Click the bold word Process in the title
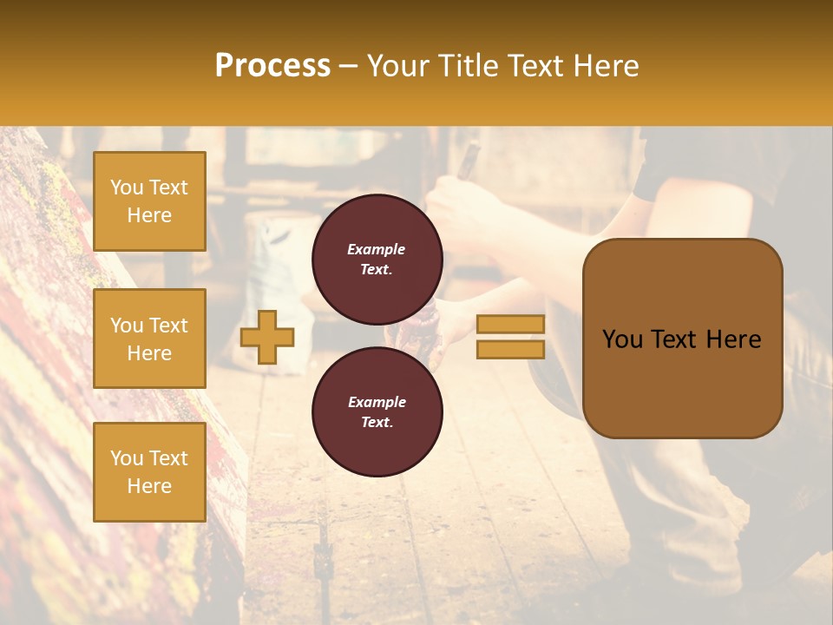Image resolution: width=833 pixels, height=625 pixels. [x=272, y=66]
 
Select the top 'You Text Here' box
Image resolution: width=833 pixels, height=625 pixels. [x=149, y=201]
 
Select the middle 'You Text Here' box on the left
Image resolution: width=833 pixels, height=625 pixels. [x=149, y=339]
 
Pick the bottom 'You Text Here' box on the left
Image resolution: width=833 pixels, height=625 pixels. [x=149, y=472]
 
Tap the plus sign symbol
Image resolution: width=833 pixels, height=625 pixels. [x=266, y=337]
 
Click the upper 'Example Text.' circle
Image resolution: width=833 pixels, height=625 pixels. [x=377, y=259]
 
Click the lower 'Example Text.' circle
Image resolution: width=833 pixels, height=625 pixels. [x=377, y=411]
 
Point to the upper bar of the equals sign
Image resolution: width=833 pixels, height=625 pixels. [x=510, y=324]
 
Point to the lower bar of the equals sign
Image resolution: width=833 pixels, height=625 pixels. [x=510, y=349]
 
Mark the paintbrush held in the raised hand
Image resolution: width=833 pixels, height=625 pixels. [x=468, y=161]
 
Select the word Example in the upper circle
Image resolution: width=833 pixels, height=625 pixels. [x=377, y=249]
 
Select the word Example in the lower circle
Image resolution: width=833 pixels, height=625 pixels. [x=377, y=402]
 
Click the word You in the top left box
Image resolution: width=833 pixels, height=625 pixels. [x=127, y=187]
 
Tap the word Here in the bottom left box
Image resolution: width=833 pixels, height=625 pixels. [x=149, y=486]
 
